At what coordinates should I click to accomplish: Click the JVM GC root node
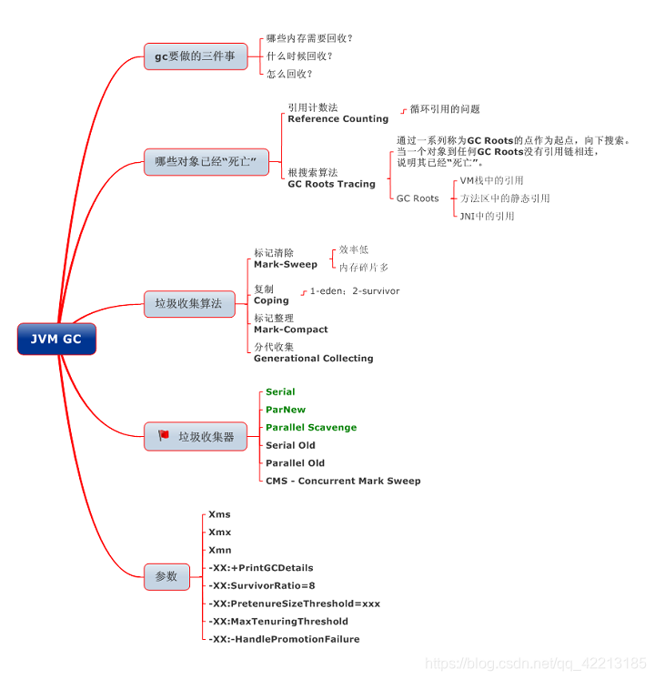click(x=56, y=340)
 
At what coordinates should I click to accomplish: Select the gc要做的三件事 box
click(x=195, y=56)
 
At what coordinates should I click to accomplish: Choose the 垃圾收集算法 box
click(x=188, y=303)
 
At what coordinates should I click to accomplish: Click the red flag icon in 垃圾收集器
click(x=164, y=436)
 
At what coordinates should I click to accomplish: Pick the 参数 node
click(x=166, y=576)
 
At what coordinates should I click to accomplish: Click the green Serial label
click(x=280, y=392)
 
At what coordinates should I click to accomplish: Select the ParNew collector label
click(x=286, y=410)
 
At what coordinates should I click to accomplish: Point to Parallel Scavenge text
click(x=311, y=428)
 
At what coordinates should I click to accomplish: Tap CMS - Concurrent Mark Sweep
click(x=343, y=481)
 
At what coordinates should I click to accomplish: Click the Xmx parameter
click(x=219, y=533)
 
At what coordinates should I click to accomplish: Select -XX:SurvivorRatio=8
click(x=262, y=585)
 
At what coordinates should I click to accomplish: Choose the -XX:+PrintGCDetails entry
click(x=260, y=568)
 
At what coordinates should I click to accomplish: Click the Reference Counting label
click(x=338, y=119)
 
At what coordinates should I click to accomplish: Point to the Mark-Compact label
click(x=290, y=330)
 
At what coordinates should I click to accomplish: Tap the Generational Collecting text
click(x=313, y=359)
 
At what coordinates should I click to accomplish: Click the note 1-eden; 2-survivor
click(x=355, y=291)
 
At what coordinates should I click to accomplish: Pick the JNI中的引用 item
click(x=487, y=217)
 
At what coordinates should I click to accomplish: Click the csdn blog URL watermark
click(x=537, y=665)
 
